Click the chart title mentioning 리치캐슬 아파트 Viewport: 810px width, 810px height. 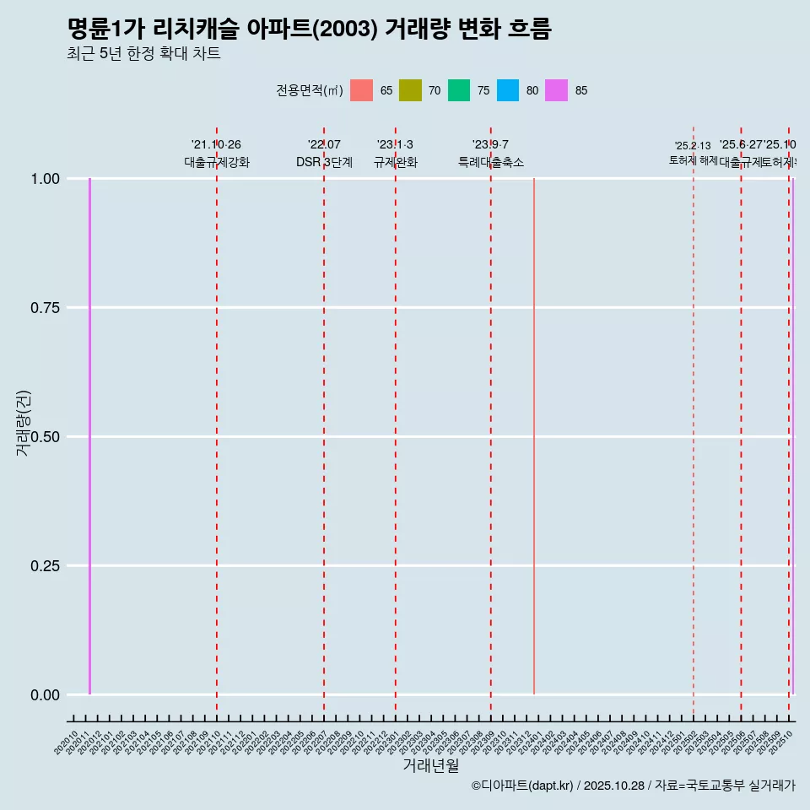[x=309, y=30]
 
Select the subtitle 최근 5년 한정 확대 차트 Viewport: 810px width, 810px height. [x=143, y=54]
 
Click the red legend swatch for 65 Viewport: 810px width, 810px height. [x=361, y=90]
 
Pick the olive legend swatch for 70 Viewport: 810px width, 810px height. [x=410, y=90]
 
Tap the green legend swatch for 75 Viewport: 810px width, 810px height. [x=459, y=90]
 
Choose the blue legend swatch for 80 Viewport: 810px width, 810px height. [x=508, y=90]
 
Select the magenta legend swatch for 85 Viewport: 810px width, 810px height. [x=557, y=90]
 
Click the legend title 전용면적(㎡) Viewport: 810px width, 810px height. [x=309, y=90]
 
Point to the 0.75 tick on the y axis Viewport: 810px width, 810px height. [x=44, y=308]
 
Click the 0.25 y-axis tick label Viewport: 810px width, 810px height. [x=44, y=566]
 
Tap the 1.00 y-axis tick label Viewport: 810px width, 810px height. [x=44, y=179]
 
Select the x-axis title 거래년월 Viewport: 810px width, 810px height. [x=430, y=765]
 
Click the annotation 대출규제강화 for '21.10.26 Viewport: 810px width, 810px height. [x=217, y=162]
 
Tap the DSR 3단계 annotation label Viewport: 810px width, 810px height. [x=324, y=162]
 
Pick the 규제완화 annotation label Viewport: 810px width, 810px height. [x=396, y=162]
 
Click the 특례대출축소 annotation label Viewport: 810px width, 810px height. [x=491, y=162]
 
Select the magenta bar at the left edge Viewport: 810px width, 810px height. [x=89, y=436]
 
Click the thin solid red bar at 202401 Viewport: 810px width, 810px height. [x=534, y=436]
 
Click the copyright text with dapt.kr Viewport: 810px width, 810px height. [x=633, y=786]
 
